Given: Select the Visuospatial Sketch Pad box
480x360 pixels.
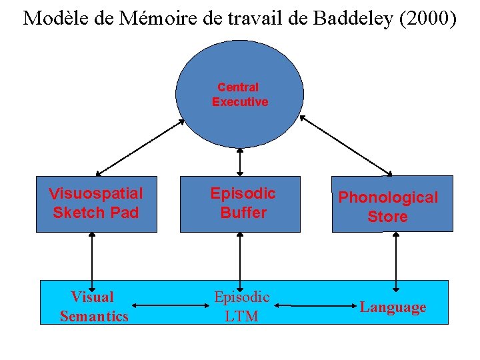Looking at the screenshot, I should pyautogui.click(x=96, y=203).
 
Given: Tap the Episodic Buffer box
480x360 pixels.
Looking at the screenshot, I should pyautogui.click(x=240, y=203).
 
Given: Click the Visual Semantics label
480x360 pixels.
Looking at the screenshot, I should pyautogui.click(x=93, y=307).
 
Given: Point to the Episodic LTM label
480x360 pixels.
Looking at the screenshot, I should pyautogui.click(x=241, y=307).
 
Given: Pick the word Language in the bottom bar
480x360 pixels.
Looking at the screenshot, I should pyautogui.click(x=393, y=307).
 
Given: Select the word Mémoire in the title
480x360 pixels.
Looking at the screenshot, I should pyautogui.click(x=151, y=18).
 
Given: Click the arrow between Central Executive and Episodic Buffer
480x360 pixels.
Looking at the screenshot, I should pyautogui.click(x=240, y=161).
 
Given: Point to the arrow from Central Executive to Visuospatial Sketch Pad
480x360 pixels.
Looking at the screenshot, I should pyautogui.click(x=140, y=147).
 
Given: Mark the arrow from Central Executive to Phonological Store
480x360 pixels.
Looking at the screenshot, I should pyautogui.click(x=347, y=147).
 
